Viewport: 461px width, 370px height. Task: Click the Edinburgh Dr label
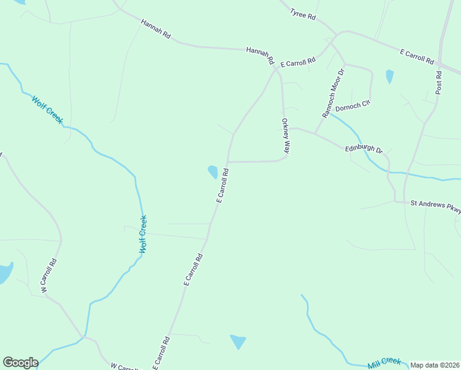click(364, 149)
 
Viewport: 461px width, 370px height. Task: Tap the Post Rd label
click(438, 83)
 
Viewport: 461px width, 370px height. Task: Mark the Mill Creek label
click(385, 363)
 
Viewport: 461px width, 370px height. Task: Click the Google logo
click(20, 363)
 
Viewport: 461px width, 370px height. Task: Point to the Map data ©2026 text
click(434, 365)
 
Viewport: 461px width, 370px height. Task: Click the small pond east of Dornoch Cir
click(390, 76)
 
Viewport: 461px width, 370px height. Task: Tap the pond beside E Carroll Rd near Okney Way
click(213, 171)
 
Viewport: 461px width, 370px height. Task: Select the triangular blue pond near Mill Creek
click(238, 342)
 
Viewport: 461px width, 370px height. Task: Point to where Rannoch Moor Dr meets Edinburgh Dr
click(315, 133)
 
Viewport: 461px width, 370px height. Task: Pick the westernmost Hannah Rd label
click(155, 29)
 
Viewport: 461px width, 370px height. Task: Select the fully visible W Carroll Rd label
click(49, 275)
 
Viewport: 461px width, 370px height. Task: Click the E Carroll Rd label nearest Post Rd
click(417, 57)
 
